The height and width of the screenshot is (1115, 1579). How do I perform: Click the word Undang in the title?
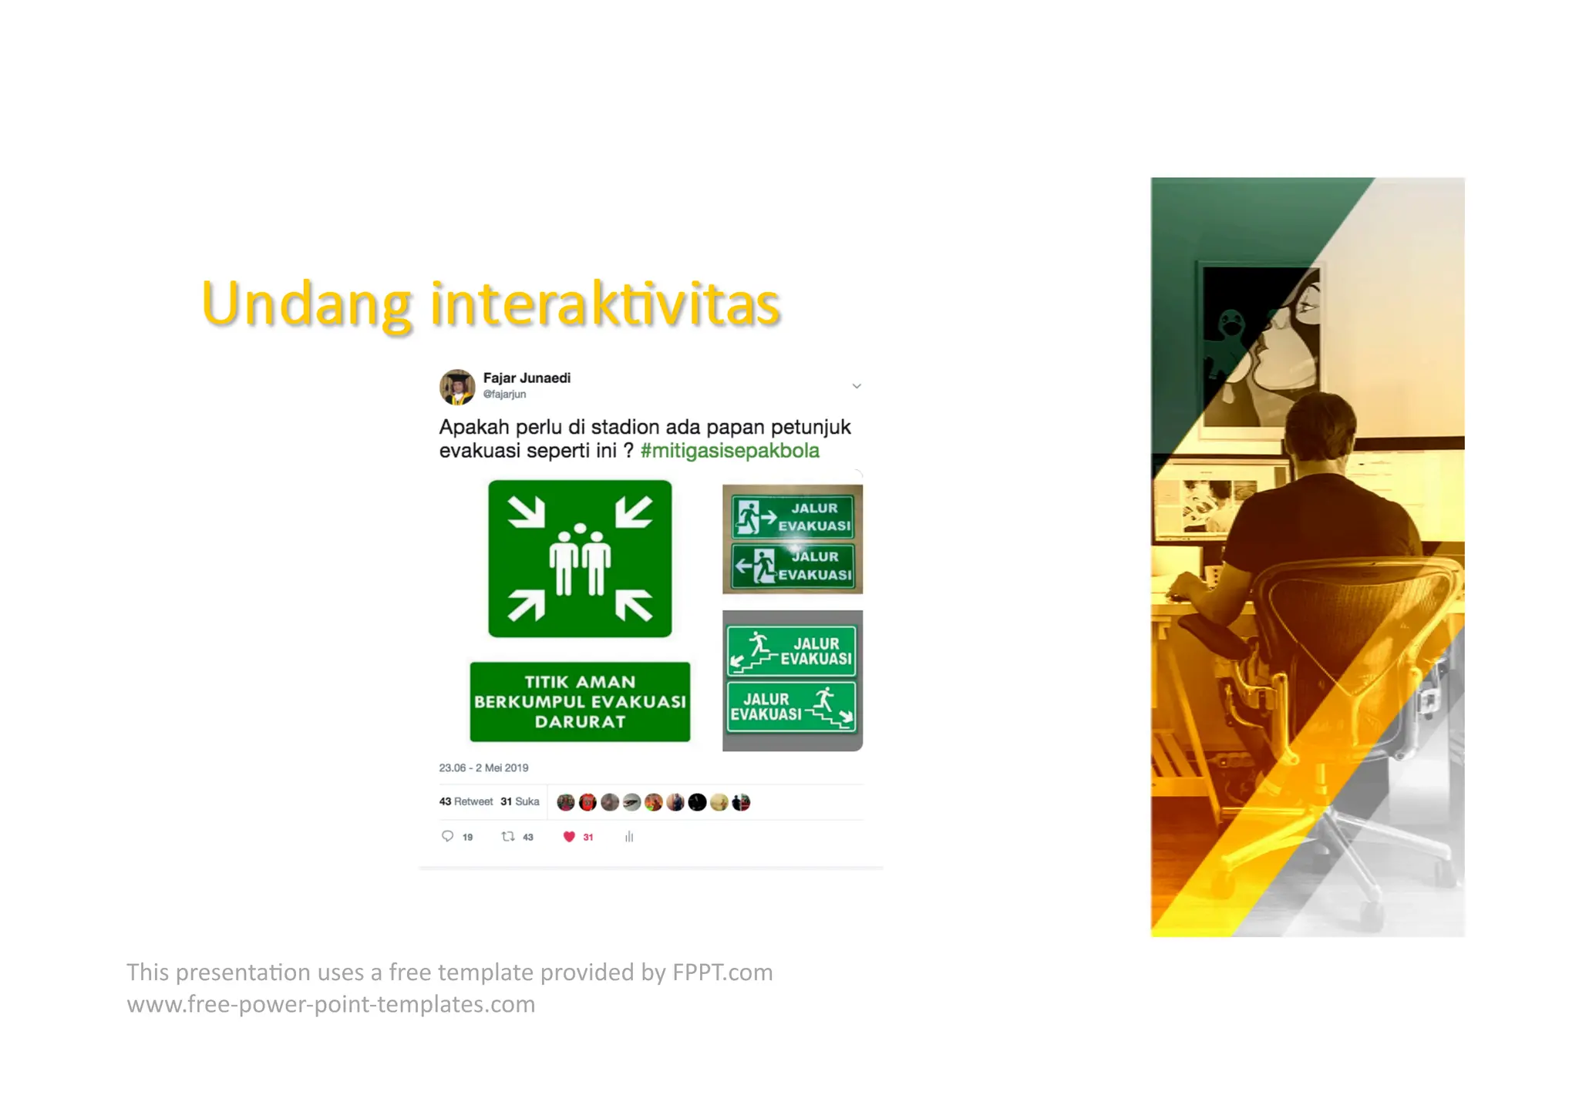point(305,304)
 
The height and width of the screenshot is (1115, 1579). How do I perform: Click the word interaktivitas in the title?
point(605,304)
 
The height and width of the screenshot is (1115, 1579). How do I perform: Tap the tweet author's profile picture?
point(457,387)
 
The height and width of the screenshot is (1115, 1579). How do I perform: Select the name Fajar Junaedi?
point(527,378)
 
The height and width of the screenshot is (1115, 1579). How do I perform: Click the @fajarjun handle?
point(504,395)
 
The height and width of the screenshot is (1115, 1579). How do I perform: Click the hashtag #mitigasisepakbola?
point(729,451)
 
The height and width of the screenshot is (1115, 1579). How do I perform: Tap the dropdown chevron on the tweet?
point(856,386)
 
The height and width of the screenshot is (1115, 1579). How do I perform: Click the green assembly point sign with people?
point(580,559)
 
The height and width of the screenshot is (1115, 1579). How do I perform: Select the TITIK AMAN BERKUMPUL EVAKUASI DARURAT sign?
point(580,702)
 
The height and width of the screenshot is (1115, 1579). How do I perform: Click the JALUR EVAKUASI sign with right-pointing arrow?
point(793,516)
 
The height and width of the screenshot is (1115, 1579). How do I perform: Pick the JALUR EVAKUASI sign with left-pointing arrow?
point(793,566)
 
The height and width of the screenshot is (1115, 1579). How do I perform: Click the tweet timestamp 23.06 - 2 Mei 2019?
point(483,768)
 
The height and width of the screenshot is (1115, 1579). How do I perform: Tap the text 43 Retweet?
point(466,802)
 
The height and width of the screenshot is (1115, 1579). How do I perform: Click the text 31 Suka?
point(520,802)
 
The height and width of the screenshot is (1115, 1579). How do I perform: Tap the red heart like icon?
point(569,837)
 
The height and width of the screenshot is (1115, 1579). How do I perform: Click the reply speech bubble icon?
point(447,837)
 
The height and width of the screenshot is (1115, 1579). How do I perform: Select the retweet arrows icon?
point(508,837)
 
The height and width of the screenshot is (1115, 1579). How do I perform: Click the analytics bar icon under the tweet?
point(629,837)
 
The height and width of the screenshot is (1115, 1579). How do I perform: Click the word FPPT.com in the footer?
point(722,972)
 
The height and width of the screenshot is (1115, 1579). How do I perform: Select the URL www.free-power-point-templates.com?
point(331,1005)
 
